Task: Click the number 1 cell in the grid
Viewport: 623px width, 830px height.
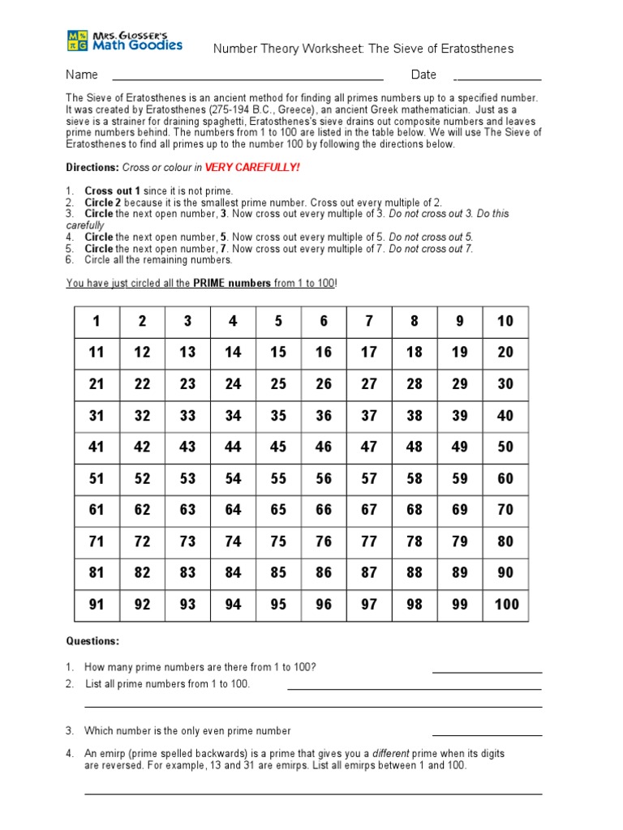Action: coord(97,321)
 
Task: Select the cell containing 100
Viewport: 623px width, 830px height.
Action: coord(505,605)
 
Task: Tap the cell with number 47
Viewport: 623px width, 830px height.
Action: coord(369,447)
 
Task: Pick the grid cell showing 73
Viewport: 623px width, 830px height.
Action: coord(187,541)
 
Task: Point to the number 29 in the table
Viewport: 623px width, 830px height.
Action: coord(460,384)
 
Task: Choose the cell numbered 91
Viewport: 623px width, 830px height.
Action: coord(97,605)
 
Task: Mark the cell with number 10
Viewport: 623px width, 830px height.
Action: coord(505,321)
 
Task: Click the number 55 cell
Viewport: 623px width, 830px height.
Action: coord(278,478)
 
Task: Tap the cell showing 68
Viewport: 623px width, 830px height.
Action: coord(415,510)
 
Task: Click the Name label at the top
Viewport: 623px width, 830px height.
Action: coord(82,75)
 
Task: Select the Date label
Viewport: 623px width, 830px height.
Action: coord(423,75)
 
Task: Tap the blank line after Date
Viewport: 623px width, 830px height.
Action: coord(497,79)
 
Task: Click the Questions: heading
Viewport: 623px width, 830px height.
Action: coord(92,641)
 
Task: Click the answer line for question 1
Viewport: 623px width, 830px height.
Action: coord(487,672)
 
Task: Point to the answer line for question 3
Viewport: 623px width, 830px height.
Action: coord(487,735)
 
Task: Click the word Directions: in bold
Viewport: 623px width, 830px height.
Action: coord(92,167)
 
